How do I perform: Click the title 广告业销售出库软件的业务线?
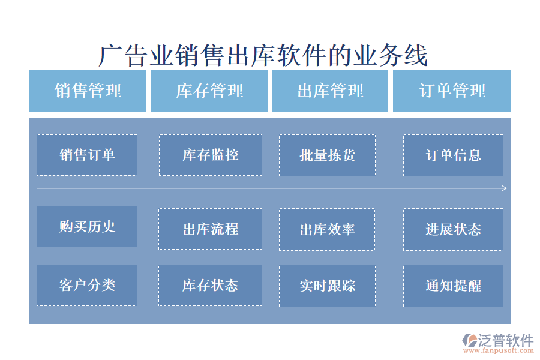click(263, 56)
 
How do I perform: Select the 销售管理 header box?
click(88, 91)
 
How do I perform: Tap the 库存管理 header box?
click(209, 91)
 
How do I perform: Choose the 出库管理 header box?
click(330, 91)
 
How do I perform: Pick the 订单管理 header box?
click(452, 91)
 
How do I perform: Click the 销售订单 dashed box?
click(87, 155)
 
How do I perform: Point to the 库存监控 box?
click(210, 155)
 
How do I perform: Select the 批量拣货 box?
click(327, 155)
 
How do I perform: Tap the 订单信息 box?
click(453, 155)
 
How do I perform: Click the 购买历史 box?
click(87, 226)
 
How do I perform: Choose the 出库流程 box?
click(210, 229)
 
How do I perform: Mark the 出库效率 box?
click(327, 229)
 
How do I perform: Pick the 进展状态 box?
click(453, 229)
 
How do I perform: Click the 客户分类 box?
click(87, 285)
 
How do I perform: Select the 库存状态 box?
click(210, 285)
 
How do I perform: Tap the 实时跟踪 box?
click(327, 285)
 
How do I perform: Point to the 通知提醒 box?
click(453, 285)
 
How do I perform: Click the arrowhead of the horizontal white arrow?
click(505, 188)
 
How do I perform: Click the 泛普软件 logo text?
click(505, 340)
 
